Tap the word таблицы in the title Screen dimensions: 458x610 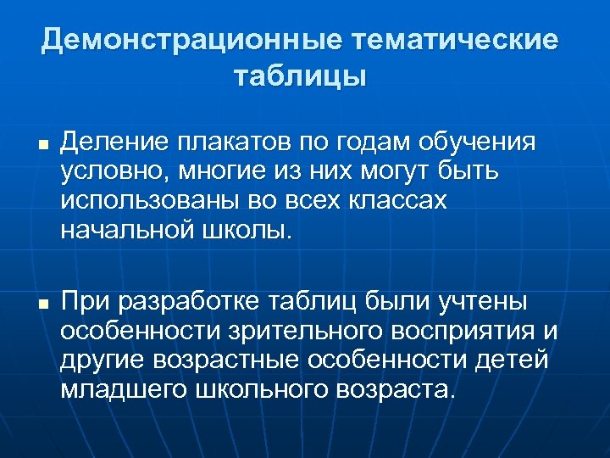(x=300, y=77)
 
